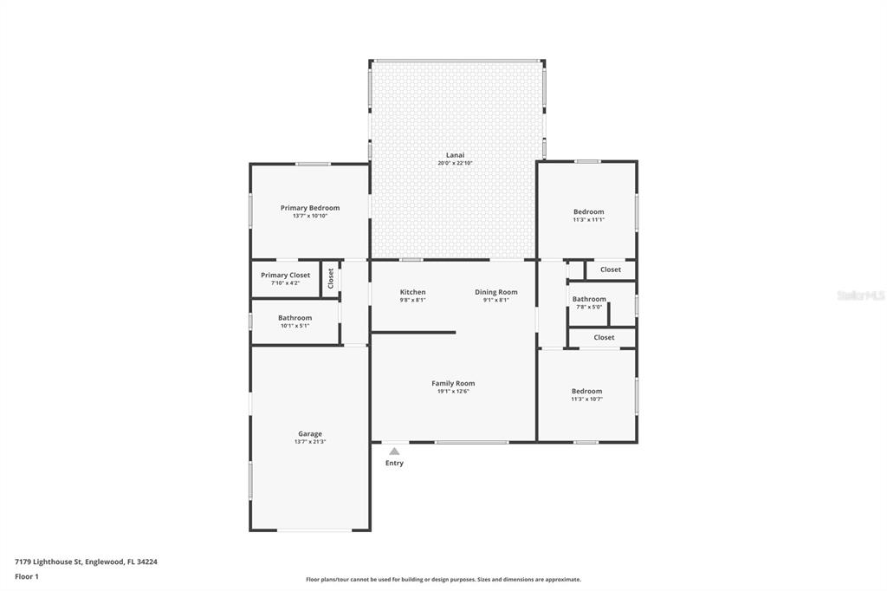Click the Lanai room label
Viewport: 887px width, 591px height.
tap(456, 155)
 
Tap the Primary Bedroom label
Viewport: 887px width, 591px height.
tap(310, 208)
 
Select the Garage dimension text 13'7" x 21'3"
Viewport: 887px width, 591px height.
tap(310, 442)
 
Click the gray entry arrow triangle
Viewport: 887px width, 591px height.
tap(394, 451)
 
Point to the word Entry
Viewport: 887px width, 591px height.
tap(394, 463)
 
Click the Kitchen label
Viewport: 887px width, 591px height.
tap(413, 292)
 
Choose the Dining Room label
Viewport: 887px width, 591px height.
tap(496, 292)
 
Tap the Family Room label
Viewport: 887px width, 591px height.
tap(453, 383)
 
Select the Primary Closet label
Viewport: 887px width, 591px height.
tap(285, 275)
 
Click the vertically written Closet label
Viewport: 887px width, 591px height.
tap(331, 278)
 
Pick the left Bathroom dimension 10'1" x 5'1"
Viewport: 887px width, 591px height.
tap(295, 326)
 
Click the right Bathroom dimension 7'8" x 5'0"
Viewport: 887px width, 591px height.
tap(589, 307)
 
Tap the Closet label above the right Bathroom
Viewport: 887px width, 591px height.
tap(611, 270)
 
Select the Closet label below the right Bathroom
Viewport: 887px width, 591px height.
tap(604, 337)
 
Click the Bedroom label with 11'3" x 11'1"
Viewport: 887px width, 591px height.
tap(589, 211)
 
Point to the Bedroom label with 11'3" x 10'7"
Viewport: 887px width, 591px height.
tap(586, 391)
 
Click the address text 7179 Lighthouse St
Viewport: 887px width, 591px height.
tap(49, 562)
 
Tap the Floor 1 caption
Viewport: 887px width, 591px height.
tap(27, 577)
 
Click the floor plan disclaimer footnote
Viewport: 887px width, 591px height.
tap(443, 580)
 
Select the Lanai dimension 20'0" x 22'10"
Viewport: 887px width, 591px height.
tap(455, 163)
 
